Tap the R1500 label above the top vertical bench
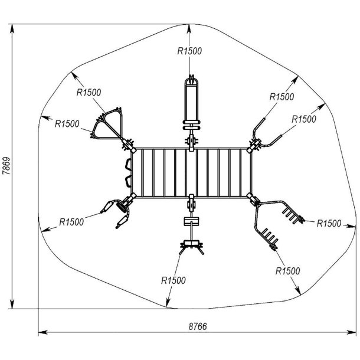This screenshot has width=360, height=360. [x=189, y=51]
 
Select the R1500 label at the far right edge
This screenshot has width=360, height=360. [x=329, y=223]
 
